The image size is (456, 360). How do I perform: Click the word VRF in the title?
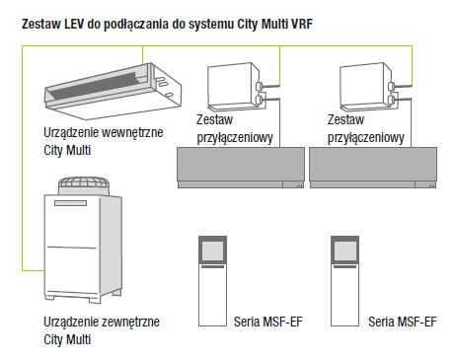pyautogui.click(x=302, y=24)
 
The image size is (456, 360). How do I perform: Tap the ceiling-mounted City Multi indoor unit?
pyautogui.click(x=113, y=91)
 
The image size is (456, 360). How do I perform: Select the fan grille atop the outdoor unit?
pyautogui.click(x=84, y=185)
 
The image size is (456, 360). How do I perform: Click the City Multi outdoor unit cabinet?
pyautogui.click(x=83, y=249)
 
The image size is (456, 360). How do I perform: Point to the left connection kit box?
pyautogui.click(x=237, y=87)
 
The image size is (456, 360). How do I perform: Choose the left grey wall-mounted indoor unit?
pyautogui.click(x=241, y=168)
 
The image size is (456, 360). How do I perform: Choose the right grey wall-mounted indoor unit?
pyautogui.click(x=373, y=168)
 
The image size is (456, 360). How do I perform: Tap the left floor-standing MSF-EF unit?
pyautogui.click(x=212, y=281)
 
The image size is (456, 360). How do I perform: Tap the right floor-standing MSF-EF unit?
pyautogui.click(x=344, y=281)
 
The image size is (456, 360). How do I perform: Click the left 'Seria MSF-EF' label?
pyautogui.click(x=268, y=322)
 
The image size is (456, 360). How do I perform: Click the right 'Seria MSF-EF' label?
pyautogui.click(x=403, y=322)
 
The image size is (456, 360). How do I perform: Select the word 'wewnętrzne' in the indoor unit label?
pyautogui.click(x=132, y=133)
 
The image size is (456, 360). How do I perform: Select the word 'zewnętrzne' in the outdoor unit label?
pyautogui.click(x=130, y=322)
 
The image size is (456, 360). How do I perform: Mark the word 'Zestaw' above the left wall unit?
pyautogui.click(x=214, y=119)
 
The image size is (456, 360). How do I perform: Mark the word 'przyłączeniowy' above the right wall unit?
pyautogui.click(x=366, y=138)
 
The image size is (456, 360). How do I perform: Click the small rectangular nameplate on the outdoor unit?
pyautogui.click(x=70, y=203)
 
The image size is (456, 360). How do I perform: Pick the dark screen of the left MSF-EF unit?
pyautogui.click(x=212, y=252)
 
